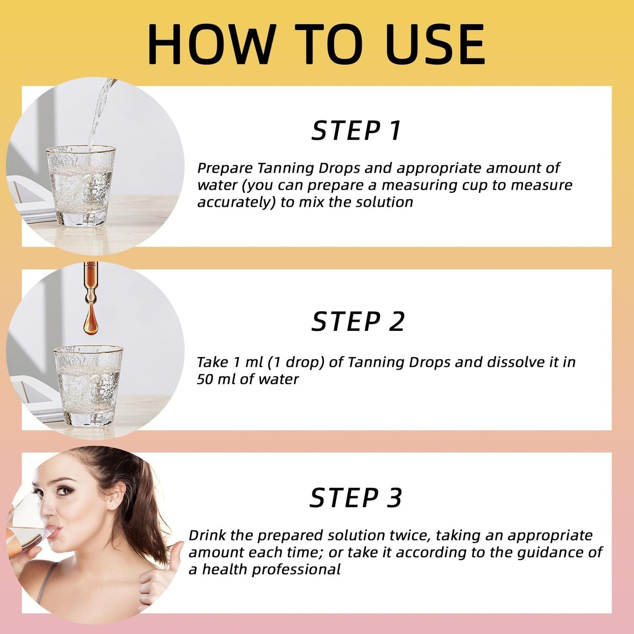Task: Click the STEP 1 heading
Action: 356,131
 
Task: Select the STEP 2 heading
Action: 358,322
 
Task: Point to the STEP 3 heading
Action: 355,498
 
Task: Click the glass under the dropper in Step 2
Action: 88,386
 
